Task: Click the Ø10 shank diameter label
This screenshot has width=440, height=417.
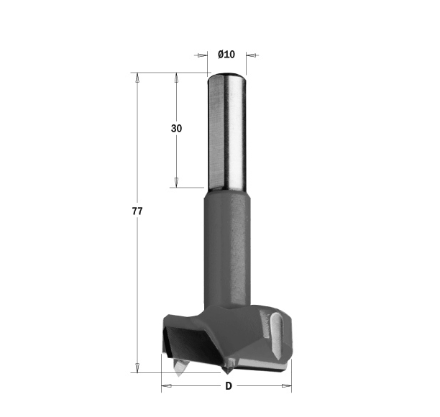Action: [226, 54]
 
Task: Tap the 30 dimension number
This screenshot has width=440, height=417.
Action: [177, 129]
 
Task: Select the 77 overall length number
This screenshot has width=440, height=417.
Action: [137, 211]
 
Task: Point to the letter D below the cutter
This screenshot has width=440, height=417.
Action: [229, 386]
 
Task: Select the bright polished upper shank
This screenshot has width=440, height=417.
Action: [227, 132]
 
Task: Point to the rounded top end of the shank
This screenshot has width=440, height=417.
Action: [227, 75]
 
